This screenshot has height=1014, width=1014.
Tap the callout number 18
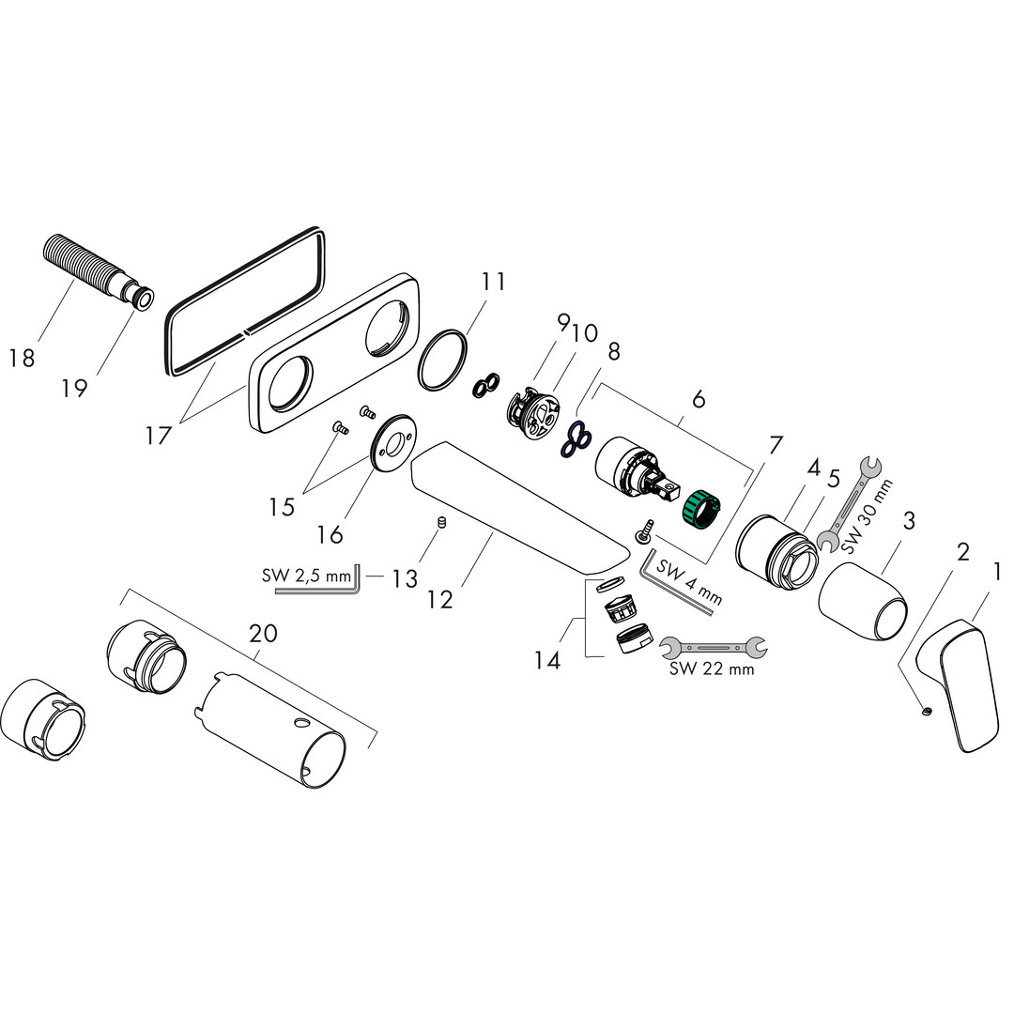point(21,357)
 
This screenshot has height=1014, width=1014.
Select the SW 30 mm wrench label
point(868,515)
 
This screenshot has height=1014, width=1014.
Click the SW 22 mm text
point(712,668)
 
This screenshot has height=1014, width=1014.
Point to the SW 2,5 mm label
point(306,575)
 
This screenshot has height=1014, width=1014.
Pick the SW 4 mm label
point(688,583)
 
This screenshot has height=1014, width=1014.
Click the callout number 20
point(263,633)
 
